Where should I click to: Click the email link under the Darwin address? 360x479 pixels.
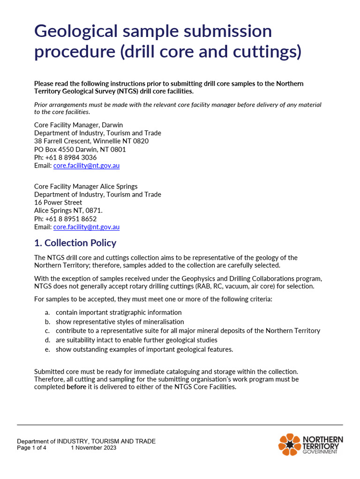[86, 166]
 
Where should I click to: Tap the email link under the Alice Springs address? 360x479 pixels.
[86, 227]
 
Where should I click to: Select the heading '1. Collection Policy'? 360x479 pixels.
[75, 243]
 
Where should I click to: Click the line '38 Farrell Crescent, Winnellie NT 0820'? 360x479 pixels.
[91, 141]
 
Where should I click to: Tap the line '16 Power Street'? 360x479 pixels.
[58, 203]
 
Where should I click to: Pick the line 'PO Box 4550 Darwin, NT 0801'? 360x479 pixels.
[80, 150]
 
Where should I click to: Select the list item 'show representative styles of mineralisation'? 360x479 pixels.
[120, 322]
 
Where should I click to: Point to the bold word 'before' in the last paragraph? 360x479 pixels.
[76, 387]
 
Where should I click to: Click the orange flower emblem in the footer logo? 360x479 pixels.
[289, 444]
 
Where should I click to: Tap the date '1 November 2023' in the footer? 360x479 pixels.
[94, 448]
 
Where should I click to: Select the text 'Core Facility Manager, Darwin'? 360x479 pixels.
[78, 125]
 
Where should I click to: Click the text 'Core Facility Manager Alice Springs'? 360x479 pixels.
[86, 186]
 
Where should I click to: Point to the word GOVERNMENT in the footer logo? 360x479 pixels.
[320, 452]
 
